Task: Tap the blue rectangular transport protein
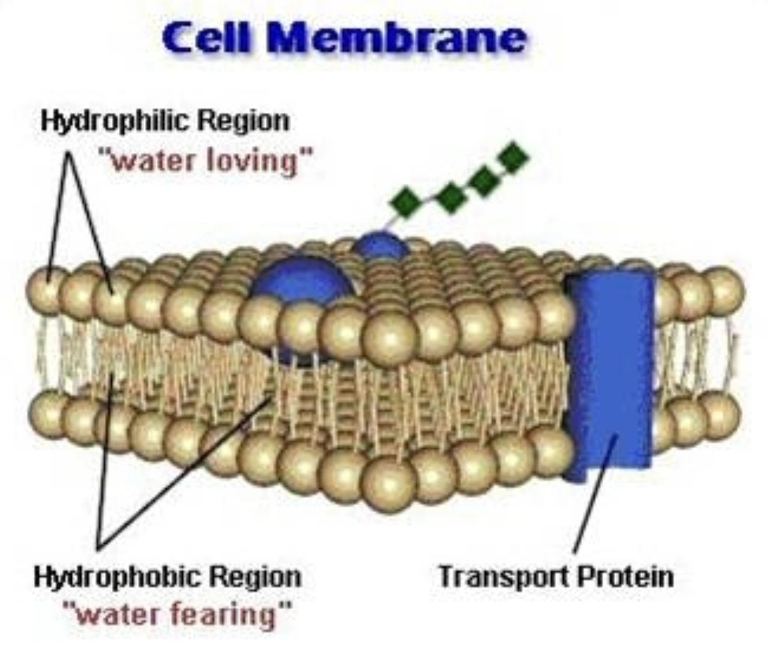point(611,371)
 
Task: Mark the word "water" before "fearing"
point(117,613)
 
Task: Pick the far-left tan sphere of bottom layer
point(49,410)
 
